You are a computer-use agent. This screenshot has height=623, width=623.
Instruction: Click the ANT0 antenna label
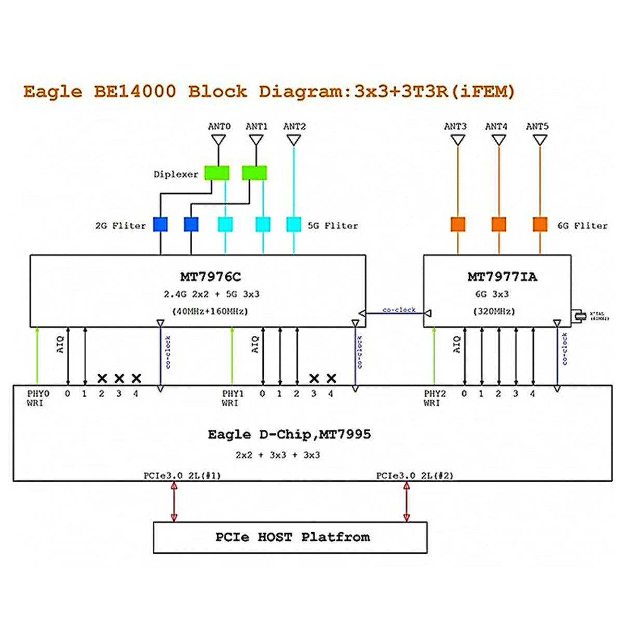(219, 126)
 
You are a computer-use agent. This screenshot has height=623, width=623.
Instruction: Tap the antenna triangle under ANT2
(294, 140)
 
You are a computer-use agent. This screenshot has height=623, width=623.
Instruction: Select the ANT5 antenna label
(537, 126)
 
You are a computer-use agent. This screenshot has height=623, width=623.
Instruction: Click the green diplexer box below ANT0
(216, 173)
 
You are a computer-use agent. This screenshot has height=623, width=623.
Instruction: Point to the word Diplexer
(176, 174)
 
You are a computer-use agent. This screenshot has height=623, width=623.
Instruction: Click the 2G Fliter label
(120, 226)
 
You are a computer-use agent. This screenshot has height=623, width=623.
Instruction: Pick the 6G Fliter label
(582, 226)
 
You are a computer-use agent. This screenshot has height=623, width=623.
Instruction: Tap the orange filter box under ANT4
(499, 224)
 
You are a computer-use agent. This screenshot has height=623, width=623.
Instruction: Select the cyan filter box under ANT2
(294, 224)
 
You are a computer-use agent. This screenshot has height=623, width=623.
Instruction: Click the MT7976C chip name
(210, 277)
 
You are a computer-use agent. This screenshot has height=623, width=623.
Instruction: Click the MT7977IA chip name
(502, 277)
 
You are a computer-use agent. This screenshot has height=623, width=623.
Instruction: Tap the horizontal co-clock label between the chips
(399, 310)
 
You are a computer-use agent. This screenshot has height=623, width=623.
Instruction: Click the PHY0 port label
(38, 394)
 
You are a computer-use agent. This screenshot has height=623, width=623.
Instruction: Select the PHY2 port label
(435, 394)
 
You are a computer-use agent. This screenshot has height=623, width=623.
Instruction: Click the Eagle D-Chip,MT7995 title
(289, 435)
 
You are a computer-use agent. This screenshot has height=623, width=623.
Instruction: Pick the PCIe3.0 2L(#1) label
(182, 476)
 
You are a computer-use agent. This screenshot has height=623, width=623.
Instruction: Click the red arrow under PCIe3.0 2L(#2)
(407, 502)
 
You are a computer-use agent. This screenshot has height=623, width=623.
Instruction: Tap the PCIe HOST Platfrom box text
(293, 537)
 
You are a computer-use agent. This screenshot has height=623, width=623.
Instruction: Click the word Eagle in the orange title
(52, 92)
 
